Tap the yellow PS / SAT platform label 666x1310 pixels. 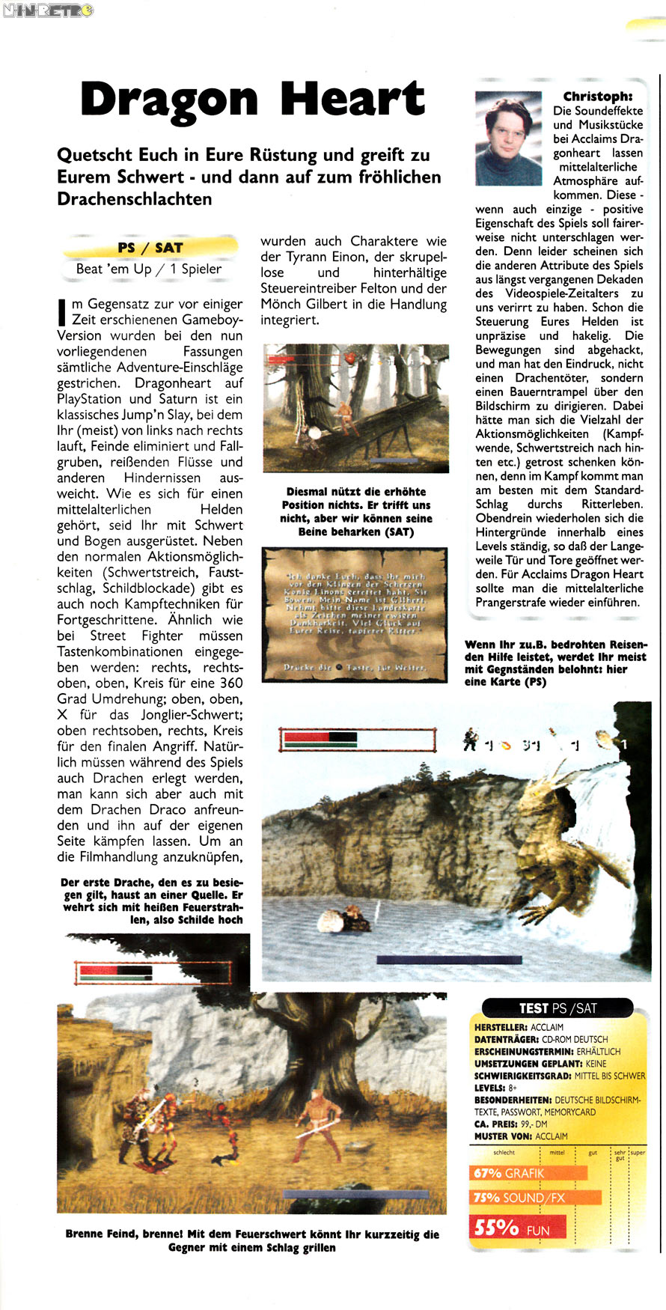(150, 247)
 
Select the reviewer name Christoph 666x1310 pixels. (597, 96)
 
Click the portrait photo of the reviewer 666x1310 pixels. (508, 138)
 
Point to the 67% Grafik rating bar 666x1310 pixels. (528, 1173)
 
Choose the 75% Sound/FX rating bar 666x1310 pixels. (535, 1198)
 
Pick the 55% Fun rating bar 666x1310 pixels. (517, 1228)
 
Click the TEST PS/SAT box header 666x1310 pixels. (557, 1008)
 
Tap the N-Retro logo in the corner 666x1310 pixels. (47, 10)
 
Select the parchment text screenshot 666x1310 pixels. (355, 614)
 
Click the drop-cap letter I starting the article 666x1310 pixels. (62, 311)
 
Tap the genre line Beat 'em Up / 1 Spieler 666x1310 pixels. (148, 269)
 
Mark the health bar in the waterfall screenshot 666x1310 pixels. (357, 740)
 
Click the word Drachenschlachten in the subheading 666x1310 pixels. (135, 199)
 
